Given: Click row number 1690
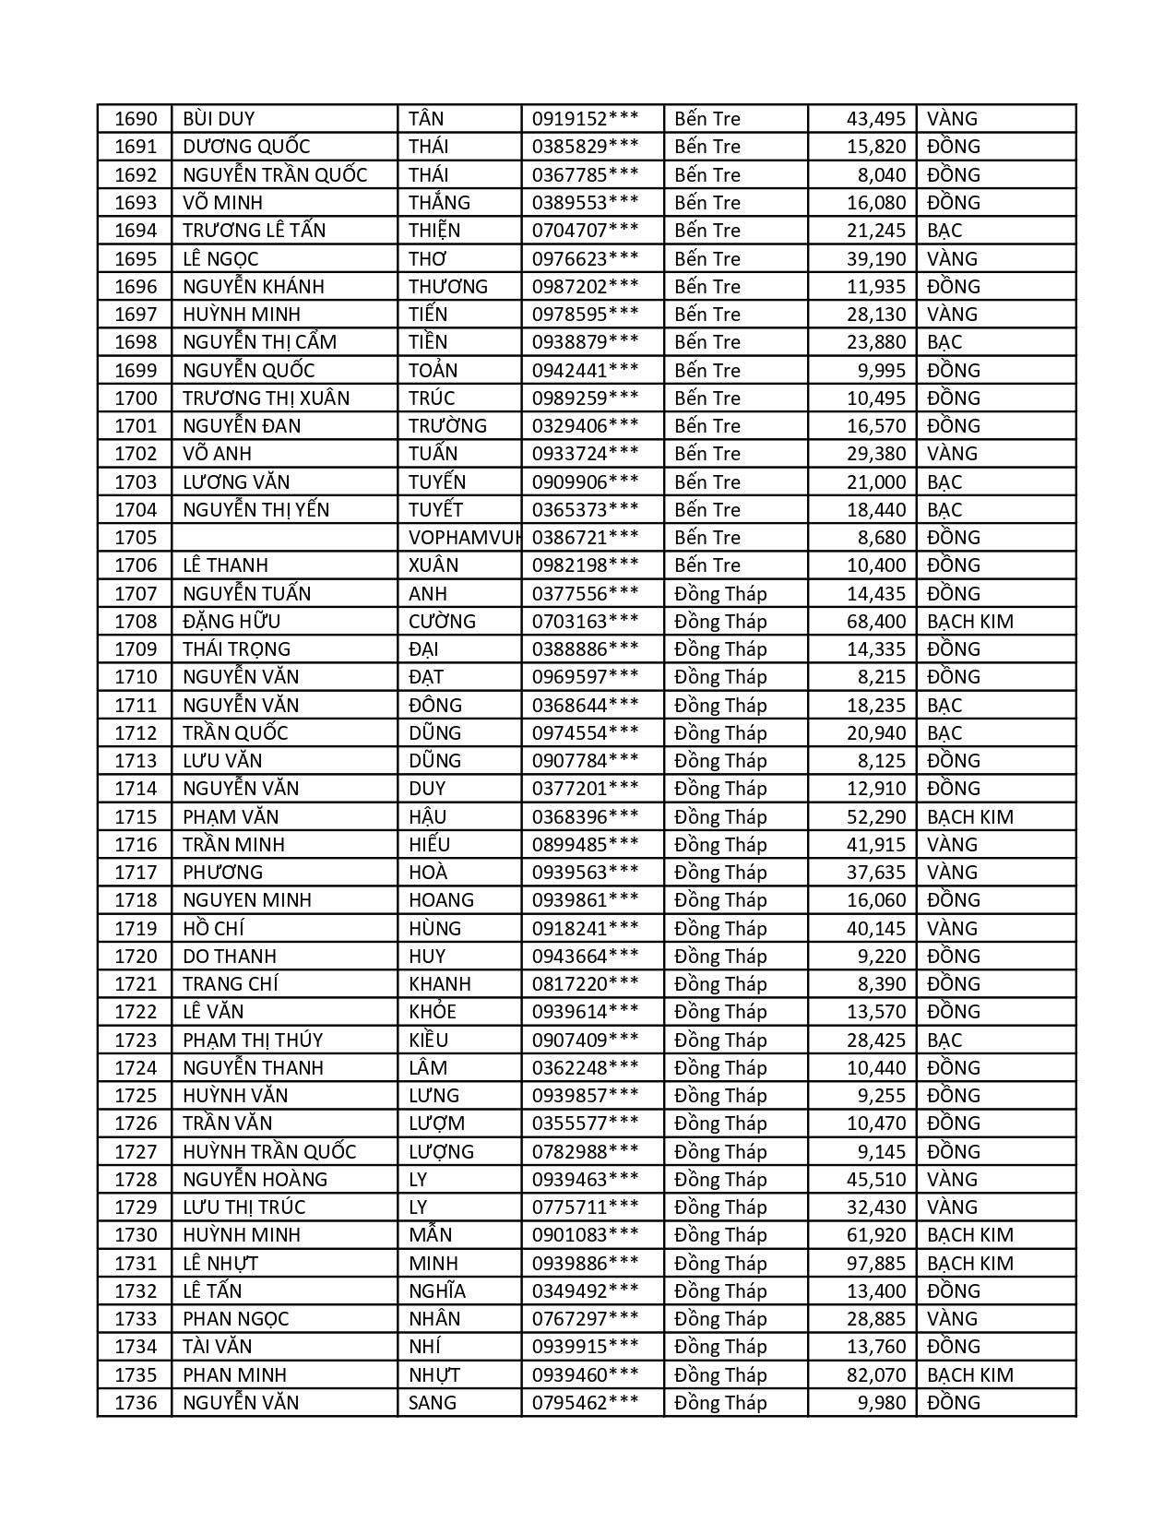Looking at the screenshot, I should click(x=136, y=119).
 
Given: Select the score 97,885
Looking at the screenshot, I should click(x=876, y=1263).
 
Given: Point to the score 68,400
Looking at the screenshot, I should click(x=876, y=621).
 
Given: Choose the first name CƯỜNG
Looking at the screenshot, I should click(x=442, y=621).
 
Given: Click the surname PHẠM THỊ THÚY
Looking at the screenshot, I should click(x=253, y=1040).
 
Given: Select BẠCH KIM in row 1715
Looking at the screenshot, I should click(x=969, y=816).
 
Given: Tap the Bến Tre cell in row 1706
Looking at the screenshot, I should click(x=707, y=565).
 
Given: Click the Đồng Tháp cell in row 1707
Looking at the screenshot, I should click(x=720, y=593).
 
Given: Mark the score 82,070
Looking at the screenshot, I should click(x=876, y=1374).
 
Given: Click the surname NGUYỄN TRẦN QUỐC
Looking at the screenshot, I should click(x=275, y=174).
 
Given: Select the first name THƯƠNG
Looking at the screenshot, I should click(x=448, y=286).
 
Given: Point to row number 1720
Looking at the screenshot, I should click(x=136, y=956).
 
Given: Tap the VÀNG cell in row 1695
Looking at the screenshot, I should click(x=952, y=258).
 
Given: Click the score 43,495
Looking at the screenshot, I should click(x=876, y=119).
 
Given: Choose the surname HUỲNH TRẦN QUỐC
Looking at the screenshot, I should click(x=269, y=1151).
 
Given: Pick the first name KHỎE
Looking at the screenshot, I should click(x=433, y=1012).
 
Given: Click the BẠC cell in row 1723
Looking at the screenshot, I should click(x=944, y=1040).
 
